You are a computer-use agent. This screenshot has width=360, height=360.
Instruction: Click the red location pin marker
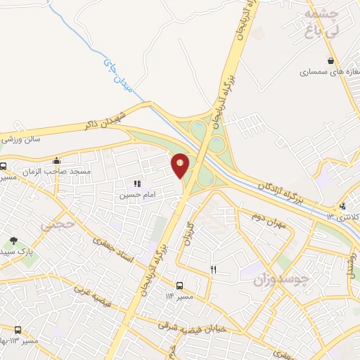[x=181, y=165]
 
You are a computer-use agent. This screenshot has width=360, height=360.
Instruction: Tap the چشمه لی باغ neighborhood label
[x=323, y=22]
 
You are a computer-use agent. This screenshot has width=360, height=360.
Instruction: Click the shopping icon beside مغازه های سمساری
[x=330, y=61]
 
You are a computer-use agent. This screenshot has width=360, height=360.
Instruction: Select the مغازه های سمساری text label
[x=323, y=72]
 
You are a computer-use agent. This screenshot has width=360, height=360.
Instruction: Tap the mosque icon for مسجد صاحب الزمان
[x=57, y=161]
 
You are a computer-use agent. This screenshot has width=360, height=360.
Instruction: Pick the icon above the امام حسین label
[x=136, y=183]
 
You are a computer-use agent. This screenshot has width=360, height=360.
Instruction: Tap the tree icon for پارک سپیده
[x=13, y=240]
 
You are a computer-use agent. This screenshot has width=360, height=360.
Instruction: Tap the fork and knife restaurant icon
[x=214, y=269]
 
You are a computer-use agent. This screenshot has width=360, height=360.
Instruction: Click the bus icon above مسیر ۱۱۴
[x=180, y=285]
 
